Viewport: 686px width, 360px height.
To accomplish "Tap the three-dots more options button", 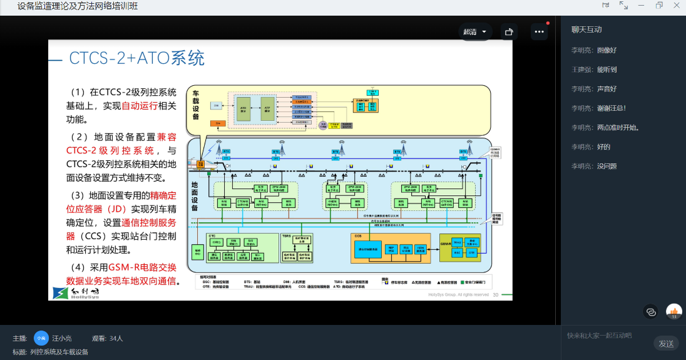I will click(x=539, y=31).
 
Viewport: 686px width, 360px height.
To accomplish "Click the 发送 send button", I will click(x=666, y=343).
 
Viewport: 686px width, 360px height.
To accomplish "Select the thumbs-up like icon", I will click(x=674, y=311).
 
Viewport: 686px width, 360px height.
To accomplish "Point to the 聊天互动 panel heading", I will click(x=586, y=29).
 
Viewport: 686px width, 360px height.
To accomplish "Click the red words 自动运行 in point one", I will click(x=140, y=105).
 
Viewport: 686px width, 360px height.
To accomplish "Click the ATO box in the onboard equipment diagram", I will click(x=243, y=108).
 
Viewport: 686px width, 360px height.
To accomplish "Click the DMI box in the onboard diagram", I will click(x=216, y=106).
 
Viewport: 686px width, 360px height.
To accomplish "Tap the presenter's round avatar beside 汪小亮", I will click(x=41, y=337).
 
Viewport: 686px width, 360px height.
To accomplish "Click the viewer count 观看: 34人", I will click(x=107, y=338).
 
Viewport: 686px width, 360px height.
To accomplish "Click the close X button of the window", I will click(x=677, y=6).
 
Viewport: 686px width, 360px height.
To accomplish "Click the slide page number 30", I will click(x=496, y=294).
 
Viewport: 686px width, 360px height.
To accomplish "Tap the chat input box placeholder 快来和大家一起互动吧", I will click(x=599, y=336).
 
